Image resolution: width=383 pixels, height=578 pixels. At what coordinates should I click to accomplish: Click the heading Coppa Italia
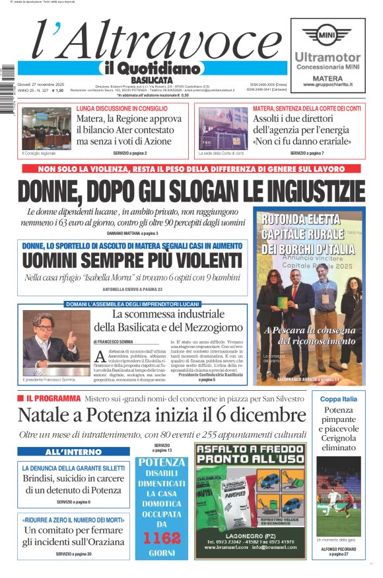(339, 399)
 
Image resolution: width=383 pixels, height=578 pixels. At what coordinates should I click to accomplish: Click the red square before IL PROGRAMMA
(20, 398)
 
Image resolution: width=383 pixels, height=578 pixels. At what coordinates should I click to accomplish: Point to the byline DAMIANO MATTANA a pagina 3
(133, 233)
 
